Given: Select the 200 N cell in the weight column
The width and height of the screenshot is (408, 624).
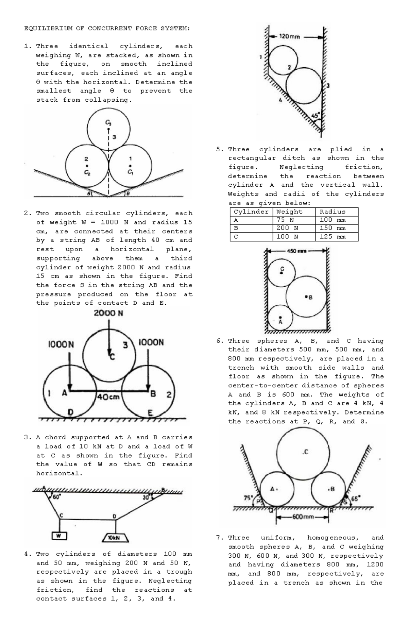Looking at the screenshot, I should (287, 228).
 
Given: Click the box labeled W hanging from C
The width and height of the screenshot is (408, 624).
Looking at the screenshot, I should (59, 536).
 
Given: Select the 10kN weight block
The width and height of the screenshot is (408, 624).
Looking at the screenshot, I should (115, 538).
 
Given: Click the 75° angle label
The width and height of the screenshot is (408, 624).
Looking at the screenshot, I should (248, 497).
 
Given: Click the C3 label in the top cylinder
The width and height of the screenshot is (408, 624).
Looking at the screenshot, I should (108, 122).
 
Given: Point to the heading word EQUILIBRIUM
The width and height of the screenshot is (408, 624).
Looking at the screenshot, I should (48, 28).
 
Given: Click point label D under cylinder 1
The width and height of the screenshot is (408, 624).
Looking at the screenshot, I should (70, 412).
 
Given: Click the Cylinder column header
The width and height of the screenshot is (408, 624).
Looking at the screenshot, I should (251, 212).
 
